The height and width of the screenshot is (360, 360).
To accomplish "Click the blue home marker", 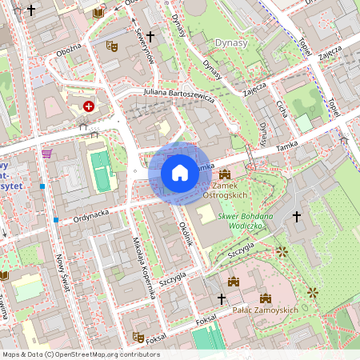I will click(180, 172).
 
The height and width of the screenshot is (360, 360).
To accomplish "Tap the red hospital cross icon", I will click(89, 106).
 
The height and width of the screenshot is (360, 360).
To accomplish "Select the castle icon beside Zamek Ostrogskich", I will click(225, 174).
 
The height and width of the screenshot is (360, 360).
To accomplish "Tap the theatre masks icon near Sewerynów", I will click(113, 46).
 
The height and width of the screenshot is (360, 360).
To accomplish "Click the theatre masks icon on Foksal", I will click(138, 337).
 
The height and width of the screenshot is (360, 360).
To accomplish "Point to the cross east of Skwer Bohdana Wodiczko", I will click(297, 216).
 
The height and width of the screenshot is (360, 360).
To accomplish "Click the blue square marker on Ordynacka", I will click(56, 219).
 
